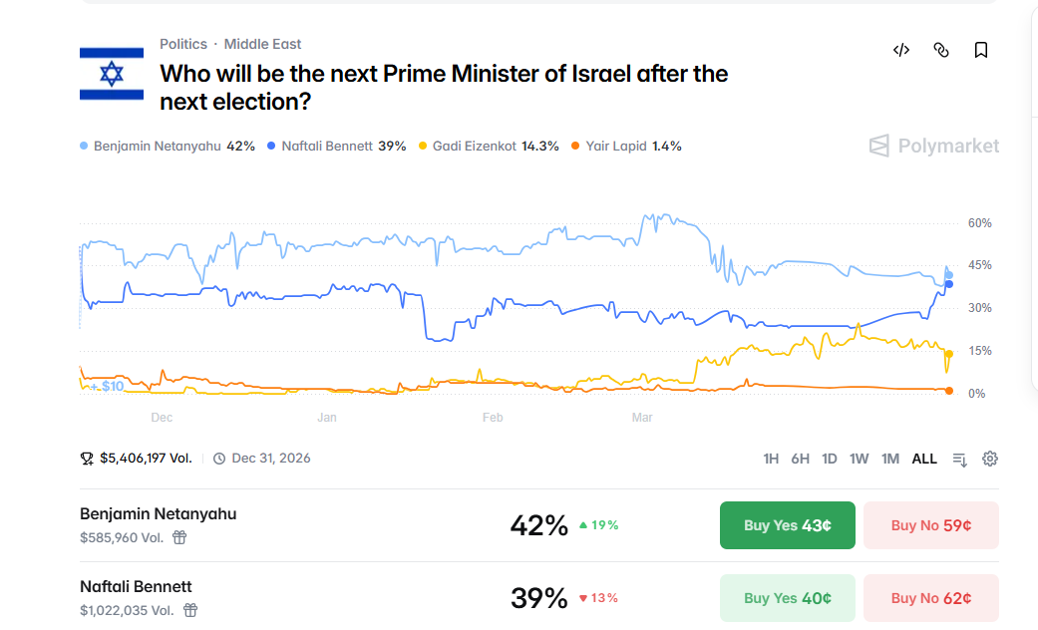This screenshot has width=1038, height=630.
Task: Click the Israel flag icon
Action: (x=112, y=73)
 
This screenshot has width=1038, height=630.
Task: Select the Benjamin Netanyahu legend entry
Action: (x=168, y=146)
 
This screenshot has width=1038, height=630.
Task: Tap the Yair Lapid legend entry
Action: (x=626, y=146)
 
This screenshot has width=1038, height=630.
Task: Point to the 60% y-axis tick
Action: (x=979, y=223)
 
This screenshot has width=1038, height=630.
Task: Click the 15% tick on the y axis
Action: (x=979, y=351)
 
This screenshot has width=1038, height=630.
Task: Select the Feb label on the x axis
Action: (x=493, y=418)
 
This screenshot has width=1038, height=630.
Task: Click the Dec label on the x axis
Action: (x=162, y=418)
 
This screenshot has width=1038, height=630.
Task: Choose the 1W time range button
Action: (x=859, y=459)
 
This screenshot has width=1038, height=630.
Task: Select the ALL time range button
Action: (x=924, y=459)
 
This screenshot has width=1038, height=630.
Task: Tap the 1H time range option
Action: (x=771, y=459)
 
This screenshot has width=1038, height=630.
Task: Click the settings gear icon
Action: (x=990, y=459)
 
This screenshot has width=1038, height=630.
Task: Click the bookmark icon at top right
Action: (x=981, y=50)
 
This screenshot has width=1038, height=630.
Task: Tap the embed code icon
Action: (x=901, y=50)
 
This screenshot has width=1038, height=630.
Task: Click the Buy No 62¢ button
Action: (x=930, y=598)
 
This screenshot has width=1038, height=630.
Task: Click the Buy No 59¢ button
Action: (x=930, y=525)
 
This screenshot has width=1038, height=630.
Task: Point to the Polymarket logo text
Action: (x=947, y=147)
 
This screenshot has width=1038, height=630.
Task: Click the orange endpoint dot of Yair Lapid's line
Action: (x=948, y=391)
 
